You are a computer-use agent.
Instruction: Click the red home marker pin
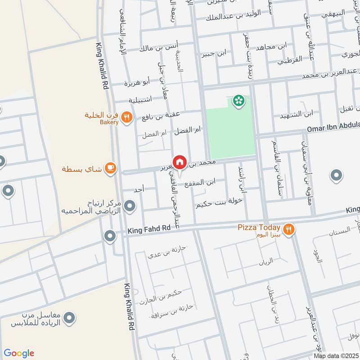point(179,162)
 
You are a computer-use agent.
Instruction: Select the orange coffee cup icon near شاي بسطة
point(110,169)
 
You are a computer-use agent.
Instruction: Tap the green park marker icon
point(238,101)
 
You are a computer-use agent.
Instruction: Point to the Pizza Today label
point(260,228)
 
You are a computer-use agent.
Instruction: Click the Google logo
point(19,353)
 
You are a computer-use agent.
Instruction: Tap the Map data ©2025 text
point(335,355)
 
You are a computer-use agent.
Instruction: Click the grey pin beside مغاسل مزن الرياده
point(69,319)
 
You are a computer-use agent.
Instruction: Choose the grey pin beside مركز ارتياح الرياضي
point(130,206)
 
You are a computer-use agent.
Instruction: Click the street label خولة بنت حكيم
point(219,203)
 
